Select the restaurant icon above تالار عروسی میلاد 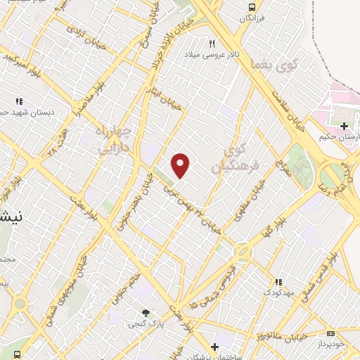point(212,44)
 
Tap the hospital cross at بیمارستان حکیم point(344,126)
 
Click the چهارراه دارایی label point(112,140)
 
